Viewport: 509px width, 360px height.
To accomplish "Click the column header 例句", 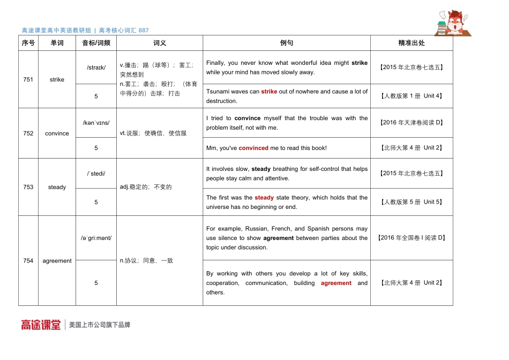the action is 287,43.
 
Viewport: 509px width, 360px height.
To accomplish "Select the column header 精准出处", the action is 411,43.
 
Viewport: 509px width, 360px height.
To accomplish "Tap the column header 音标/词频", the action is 96,43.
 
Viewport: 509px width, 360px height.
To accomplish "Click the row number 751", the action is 28,79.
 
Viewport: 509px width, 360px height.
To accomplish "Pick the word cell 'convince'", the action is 57,133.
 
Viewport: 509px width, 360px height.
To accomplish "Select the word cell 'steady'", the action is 57,187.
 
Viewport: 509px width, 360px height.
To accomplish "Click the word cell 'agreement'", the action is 57,261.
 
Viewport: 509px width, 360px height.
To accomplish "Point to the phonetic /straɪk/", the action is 96,67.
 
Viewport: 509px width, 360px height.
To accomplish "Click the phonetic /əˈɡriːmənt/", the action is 96,238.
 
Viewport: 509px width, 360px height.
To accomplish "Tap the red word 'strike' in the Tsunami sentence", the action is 269,92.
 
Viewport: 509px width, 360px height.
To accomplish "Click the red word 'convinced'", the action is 253,148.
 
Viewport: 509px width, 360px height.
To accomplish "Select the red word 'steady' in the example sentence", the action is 264,198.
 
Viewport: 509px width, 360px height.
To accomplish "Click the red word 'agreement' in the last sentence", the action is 336,283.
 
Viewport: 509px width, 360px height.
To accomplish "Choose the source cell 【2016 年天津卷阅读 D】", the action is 411,123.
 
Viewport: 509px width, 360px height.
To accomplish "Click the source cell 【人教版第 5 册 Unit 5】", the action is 411,202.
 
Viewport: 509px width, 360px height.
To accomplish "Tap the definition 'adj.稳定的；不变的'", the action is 146,187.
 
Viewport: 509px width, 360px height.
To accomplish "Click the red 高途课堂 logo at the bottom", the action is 41,325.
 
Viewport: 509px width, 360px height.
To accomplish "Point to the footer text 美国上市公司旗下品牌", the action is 100,325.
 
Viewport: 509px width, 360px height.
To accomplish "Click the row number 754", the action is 28,261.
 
